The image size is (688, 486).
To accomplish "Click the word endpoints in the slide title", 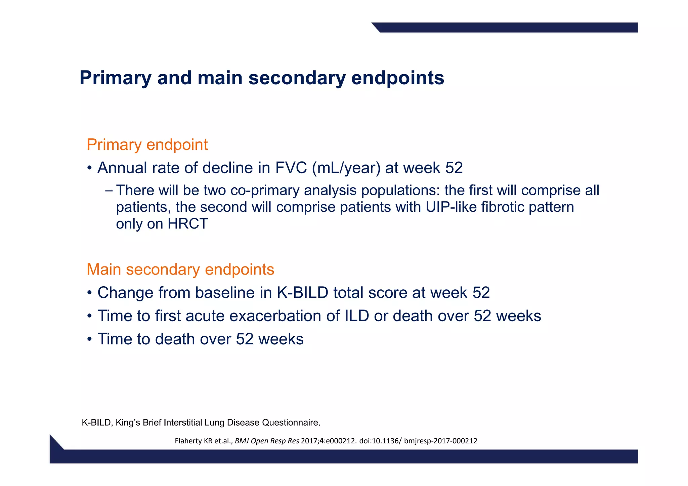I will (397, 78).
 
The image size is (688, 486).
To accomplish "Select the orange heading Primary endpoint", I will (147, 145).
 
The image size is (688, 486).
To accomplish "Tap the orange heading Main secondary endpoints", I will (180, 270).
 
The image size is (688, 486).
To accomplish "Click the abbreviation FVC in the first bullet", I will (291, 168).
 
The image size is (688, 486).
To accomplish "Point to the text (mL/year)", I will (346, 168).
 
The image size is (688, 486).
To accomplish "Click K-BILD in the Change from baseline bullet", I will (302, 293).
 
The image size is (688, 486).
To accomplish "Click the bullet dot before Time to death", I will (89, 339).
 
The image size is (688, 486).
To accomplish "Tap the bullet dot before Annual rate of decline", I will (89, 168).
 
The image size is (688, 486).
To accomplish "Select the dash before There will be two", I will (109, 191).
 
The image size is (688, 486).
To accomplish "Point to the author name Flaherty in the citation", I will (188, 441).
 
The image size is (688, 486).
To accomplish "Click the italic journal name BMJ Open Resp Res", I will (267, 441).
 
